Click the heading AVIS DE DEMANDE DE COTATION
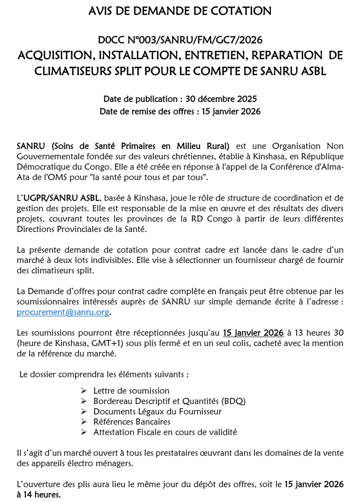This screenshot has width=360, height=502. [180, 11]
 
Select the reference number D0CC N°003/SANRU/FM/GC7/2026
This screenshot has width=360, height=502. [180, 40]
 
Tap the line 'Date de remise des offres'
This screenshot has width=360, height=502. [180, 111]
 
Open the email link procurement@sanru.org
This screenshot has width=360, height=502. [63, 313]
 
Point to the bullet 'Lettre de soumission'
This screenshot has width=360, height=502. [131, 391]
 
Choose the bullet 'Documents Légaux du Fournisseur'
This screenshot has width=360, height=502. [157, 411]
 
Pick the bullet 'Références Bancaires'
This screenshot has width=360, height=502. [132, 421]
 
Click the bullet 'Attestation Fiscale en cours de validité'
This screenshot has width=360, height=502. [165, 432]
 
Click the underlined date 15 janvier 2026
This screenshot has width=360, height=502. [253, 333]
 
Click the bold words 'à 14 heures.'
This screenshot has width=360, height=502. [38, 495]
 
